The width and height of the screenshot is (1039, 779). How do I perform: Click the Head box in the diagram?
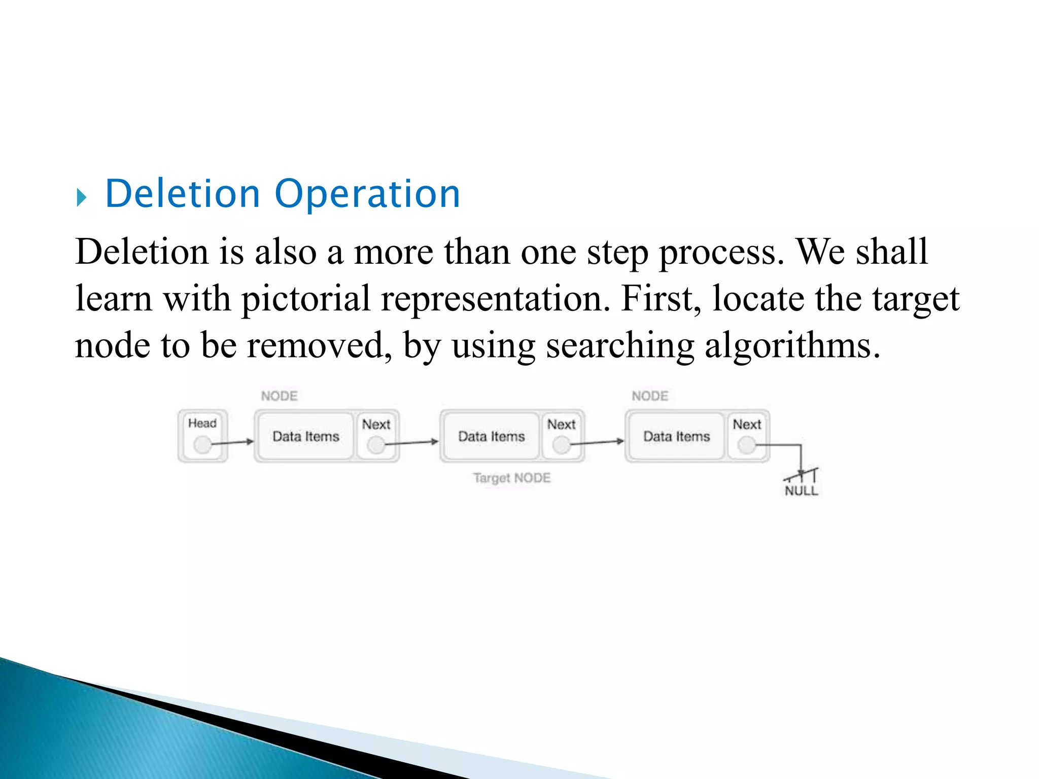[x=202, y=435]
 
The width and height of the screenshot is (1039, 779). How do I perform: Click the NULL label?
[x=801, y=490]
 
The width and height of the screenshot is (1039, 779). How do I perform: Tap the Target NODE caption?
[x=511, y=478]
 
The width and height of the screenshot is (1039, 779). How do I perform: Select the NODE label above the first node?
[x=279, y=396]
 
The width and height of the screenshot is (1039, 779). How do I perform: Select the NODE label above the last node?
[x=650, y=396]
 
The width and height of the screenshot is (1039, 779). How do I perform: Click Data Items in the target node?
[x=491, y=436]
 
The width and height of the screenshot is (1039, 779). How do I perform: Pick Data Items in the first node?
[x=305, y=436]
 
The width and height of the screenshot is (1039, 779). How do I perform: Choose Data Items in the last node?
[x=676, y=436]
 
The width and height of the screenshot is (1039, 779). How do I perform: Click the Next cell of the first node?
[x=376, y=435]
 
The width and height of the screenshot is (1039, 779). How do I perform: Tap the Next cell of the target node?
[x=562, y=435]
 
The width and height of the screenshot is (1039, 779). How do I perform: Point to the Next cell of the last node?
[x=747, y=435]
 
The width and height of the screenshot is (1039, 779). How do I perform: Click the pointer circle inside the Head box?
[x=202, y=445]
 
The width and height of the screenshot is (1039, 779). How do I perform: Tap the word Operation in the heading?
[x=367, y=194]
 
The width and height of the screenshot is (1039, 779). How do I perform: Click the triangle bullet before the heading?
[x=82, y=197]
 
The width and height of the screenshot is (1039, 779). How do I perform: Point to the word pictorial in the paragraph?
[x=305, y=299]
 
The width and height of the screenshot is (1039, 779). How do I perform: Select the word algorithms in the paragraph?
[x=792, y=346]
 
